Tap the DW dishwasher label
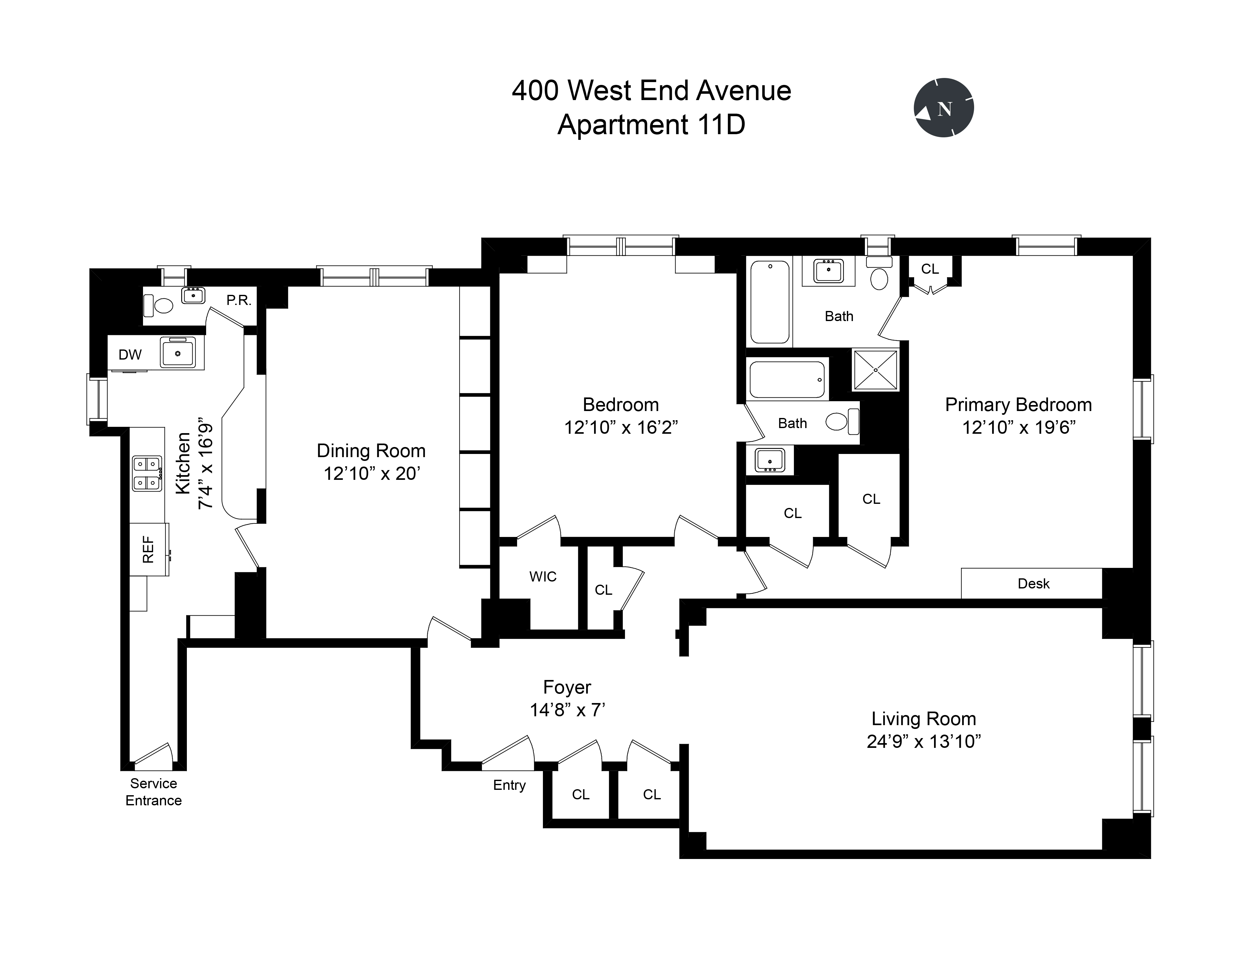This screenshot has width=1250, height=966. click(x=130, y=355)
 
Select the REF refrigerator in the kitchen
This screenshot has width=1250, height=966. click(x=149, y=549)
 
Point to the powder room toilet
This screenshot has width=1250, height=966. click(x=158, y=306)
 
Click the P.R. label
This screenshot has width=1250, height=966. click(x=239, y=301)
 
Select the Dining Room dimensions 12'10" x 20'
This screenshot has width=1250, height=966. click(x=372, y=474)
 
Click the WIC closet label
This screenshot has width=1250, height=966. click(x=543, y=577)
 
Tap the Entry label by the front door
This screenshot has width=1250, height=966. click(x=509, y=785)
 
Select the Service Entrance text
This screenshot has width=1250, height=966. click(x=153, y=792)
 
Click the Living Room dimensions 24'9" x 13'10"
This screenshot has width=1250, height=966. click(x=923, y=742)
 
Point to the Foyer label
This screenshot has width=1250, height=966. click(x=567, y=687)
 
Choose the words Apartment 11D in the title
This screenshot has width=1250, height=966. click(x=651, y=125)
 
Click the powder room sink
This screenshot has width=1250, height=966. click(x=193, y=296)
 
